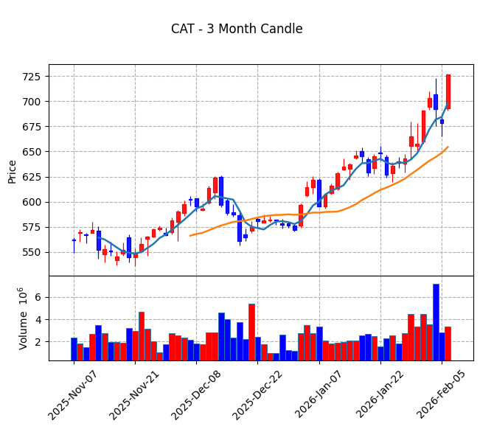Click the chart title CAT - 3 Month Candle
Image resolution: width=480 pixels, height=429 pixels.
tap(237, 29)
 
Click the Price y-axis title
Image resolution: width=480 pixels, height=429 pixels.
tap(13, 170)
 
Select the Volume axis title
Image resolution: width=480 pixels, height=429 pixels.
tap(23, 318)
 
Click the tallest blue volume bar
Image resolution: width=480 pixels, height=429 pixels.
tap(436, 322)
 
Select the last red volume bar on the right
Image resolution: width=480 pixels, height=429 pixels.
tap(448, 343)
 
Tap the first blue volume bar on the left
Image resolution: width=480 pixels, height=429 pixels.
tap(74, 349)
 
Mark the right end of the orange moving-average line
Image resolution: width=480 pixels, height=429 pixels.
tap(448, 147)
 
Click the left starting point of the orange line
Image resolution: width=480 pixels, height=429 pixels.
tap(190, 236)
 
